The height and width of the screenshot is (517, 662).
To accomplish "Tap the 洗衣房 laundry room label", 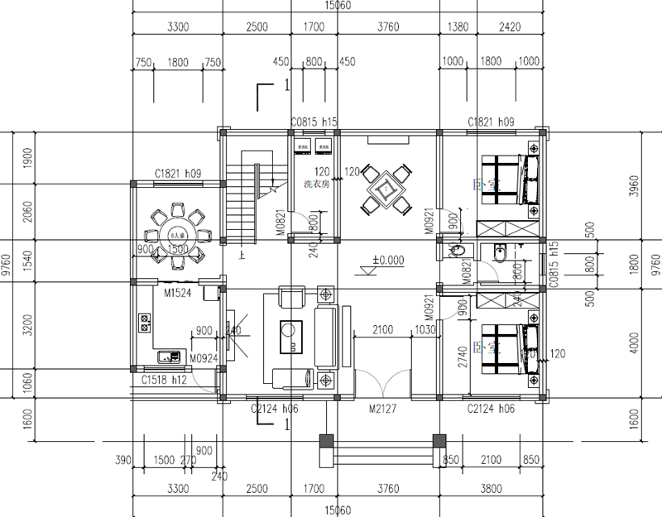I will pos(315,183).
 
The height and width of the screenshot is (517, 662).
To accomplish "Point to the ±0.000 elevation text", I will pos(387,260).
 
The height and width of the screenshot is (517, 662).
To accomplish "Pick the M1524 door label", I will pos(178,292).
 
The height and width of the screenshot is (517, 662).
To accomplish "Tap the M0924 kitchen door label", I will pos(203,358).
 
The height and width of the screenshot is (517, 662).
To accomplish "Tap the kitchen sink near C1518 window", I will pos(169,357).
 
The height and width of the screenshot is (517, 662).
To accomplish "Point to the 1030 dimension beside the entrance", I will pos(425,330).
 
